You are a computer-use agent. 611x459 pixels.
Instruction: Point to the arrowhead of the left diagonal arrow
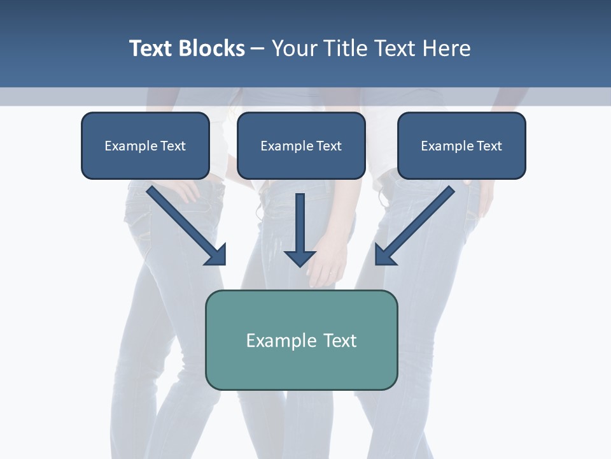tap(216, 255)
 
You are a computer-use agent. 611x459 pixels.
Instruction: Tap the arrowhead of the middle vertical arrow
tap(300, 258)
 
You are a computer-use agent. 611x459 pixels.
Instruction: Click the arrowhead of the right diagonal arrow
tap(384, 255)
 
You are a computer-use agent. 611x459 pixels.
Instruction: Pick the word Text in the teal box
tap(340, 340)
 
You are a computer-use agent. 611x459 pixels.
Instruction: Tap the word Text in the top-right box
tap(489, 146)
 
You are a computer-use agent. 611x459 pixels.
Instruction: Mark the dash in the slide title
tap(258, 49)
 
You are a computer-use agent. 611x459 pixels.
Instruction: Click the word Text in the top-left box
tap(173, 146)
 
